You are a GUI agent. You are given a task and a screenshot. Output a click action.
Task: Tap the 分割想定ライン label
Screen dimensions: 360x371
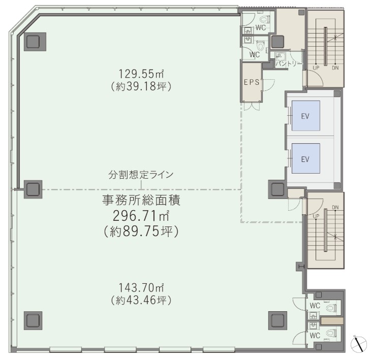141,174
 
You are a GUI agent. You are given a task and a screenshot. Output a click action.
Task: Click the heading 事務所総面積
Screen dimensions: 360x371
141,200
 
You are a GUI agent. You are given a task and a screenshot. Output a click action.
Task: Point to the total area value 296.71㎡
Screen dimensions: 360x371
141,216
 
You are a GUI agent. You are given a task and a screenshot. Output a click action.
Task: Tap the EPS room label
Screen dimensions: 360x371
251,81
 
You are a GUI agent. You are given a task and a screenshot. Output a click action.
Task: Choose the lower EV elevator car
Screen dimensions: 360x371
305,159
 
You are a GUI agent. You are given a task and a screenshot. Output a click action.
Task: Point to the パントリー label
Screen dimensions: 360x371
289,63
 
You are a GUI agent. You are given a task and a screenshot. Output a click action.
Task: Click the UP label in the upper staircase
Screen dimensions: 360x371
316,68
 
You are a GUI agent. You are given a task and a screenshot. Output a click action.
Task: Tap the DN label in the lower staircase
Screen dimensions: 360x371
335,207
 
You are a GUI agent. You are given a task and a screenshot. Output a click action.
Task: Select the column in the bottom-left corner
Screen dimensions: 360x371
33,320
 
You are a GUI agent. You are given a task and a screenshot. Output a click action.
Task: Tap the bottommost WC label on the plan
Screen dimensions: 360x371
315,336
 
